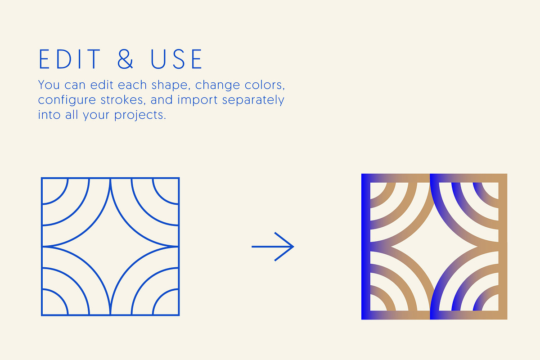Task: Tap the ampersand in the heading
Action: click(125, 59)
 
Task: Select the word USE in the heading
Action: click(176, 59)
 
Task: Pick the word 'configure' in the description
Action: click(67, 100)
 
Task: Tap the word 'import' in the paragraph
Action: click(198, 100)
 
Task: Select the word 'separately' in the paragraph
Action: click(253, 100)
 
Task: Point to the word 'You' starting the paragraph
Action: click(49, 85)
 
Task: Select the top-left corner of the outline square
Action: click(42, 178)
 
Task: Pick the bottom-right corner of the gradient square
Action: click(507, 319)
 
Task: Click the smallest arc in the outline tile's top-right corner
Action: click(160, 197)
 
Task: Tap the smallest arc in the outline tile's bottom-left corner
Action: click(60, 297)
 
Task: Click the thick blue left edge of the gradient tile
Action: click(366, 247)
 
